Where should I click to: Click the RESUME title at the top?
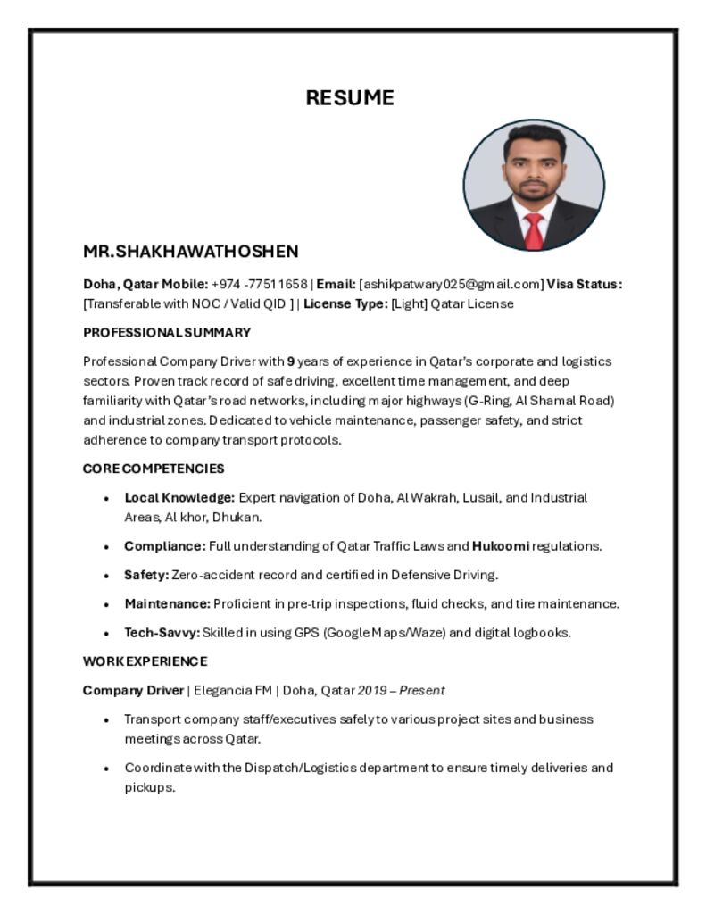(350, 98)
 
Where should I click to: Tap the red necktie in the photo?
(534, 230)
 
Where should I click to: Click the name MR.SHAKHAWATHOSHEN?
(191, 252)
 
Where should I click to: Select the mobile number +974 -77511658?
(259, 285)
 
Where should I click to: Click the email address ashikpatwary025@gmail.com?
(452, 285)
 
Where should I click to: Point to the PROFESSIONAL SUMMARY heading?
(167, 333)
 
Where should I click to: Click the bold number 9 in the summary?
(290, 361)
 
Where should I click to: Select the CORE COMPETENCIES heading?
(154, 469)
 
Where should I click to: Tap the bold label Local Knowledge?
(179, 497)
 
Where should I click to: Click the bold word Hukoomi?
(501, 545)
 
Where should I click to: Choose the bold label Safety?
(146, 575)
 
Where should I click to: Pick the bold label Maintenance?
(167, 603)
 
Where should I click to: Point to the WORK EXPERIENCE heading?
(145, 661)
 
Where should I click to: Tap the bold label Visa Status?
(584, 285)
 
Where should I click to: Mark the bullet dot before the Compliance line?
(107, 546)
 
